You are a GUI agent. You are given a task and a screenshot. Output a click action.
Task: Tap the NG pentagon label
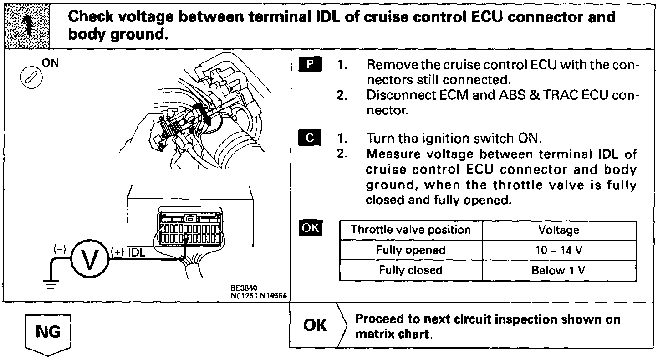pos(48,332)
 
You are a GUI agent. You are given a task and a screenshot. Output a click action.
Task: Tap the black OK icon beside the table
pos(310,227)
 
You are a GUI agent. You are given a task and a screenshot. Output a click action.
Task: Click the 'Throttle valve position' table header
pos(411,230)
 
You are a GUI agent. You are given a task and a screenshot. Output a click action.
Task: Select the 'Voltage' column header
pos(559,230)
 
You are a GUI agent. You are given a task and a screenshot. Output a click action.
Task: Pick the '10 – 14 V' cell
pos(559,250)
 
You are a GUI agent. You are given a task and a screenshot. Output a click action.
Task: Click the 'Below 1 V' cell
pos(559,271)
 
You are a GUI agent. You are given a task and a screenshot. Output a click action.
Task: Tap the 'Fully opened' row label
pos(411,250)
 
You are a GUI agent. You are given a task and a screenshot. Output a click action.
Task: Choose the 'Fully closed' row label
pos(411,270)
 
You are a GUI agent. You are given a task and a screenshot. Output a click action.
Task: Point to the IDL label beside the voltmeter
pos(137,252)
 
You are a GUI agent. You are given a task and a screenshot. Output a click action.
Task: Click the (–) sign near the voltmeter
pos(60,249)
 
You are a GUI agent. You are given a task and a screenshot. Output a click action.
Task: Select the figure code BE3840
pos(244,288)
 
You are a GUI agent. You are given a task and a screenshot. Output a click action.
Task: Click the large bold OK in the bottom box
pos(315,325)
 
